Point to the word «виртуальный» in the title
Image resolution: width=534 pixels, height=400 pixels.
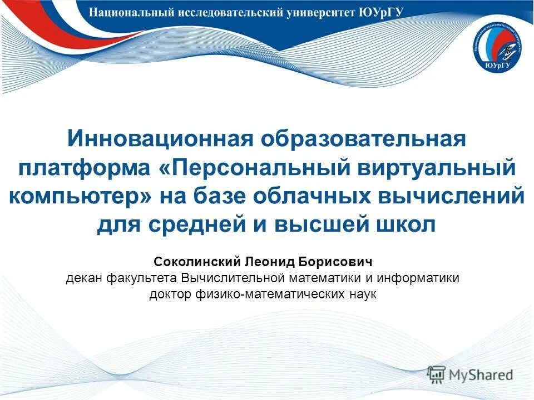pos(431,167)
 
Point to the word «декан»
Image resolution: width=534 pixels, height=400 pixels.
pos(83,278)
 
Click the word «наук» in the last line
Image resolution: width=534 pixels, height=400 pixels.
pos(362,294)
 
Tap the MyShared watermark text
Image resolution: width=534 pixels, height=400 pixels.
pos(482,375)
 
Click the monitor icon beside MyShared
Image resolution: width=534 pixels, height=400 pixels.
pos(437,374)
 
